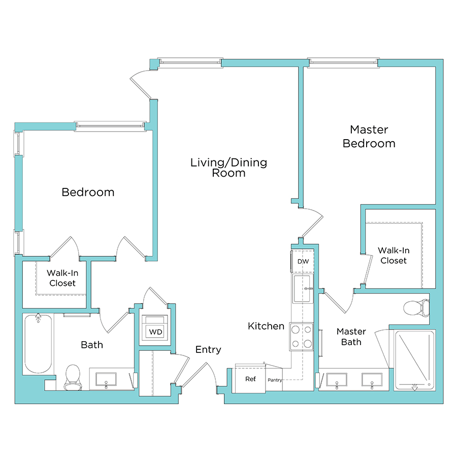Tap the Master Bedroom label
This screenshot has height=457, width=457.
point(369,137)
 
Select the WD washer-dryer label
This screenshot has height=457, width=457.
point(155,332)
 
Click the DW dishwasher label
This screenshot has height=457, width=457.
point(303,262)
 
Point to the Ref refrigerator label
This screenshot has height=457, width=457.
point(250,379)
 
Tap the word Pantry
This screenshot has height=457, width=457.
point(275,380)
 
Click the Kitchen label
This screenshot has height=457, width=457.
point(266,326)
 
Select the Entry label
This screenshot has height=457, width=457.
point(208,349)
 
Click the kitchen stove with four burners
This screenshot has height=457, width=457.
point(301,337)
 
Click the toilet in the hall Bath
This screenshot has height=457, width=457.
point(74,377)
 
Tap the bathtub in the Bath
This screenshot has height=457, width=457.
point(38,344)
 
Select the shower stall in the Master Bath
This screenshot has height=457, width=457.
point(415,361)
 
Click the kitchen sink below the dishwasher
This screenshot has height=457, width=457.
point(304,289)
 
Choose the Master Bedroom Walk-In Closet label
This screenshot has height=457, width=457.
point(394,255)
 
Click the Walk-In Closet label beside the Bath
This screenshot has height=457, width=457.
point(62,278)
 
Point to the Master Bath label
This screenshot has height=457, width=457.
point(351,337)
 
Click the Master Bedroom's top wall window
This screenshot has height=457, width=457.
point(343,62)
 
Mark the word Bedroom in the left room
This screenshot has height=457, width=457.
point(88,192)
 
